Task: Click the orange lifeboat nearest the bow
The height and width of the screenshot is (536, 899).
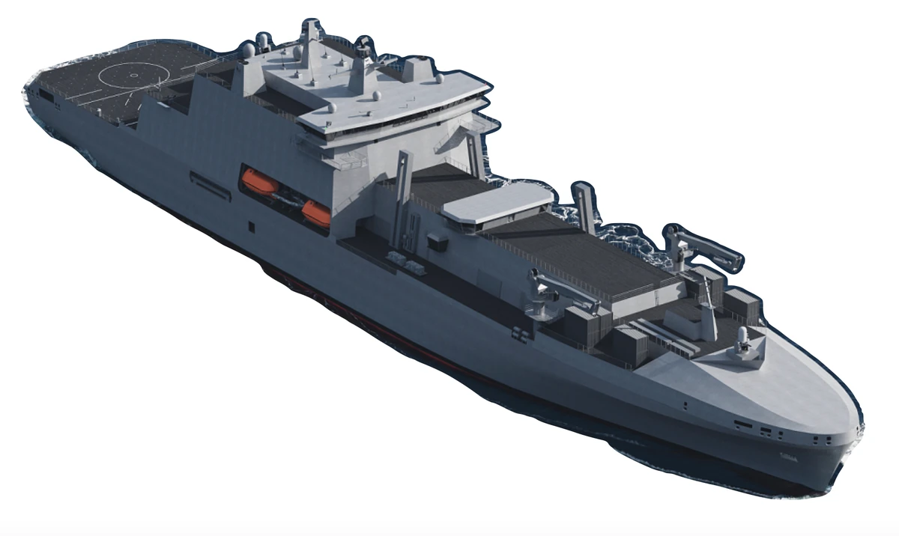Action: pos(315,212)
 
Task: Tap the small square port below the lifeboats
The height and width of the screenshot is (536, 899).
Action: pos(251,225)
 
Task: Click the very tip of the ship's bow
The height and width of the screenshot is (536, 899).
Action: pos(862,427)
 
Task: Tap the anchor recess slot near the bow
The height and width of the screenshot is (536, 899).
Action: pos(743,424)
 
